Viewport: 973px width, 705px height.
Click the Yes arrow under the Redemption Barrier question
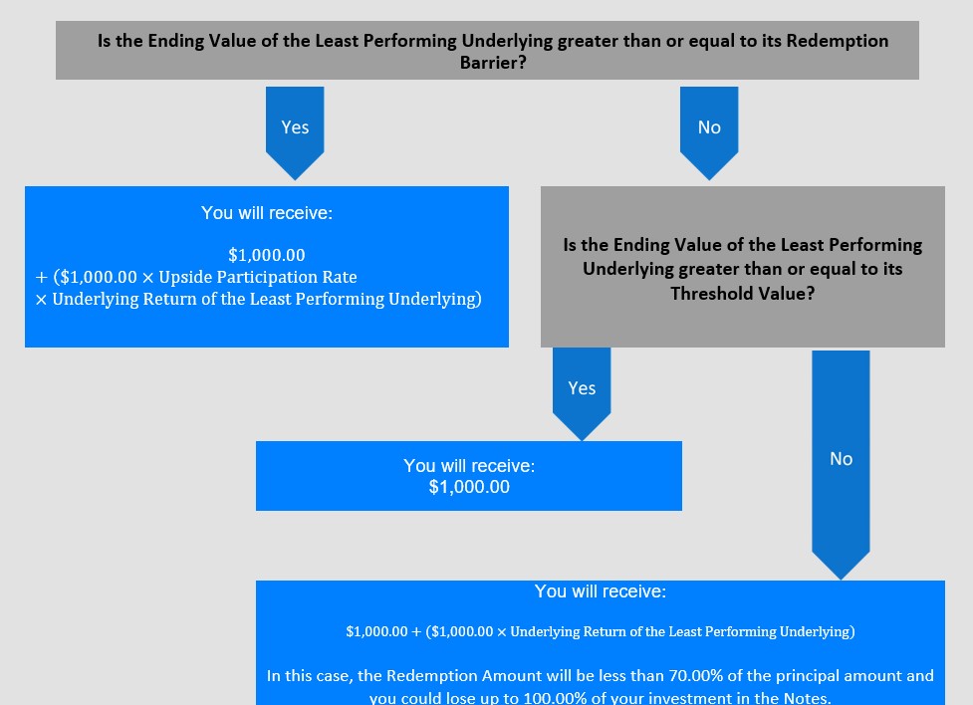coord(295,132)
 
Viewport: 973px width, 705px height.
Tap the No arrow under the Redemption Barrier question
coord(709,132)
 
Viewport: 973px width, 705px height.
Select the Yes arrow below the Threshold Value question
coord(582,394)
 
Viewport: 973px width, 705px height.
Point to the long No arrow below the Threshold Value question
coord(841,465)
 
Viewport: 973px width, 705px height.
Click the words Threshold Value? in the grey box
coord(743,293)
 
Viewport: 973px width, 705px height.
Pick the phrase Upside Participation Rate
coord(258,277)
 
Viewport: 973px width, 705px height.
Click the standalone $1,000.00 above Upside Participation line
coord(267,255)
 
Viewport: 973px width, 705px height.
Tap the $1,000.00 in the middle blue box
coord(469,487)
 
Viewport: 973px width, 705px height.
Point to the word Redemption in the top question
coord(838,41)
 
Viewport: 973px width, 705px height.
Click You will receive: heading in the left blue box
coord(267,213)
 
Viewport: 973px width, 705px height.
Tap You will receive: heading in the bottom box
coord(601,591)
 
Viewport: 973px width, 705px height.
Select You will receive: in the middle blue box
coord(469,465)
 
